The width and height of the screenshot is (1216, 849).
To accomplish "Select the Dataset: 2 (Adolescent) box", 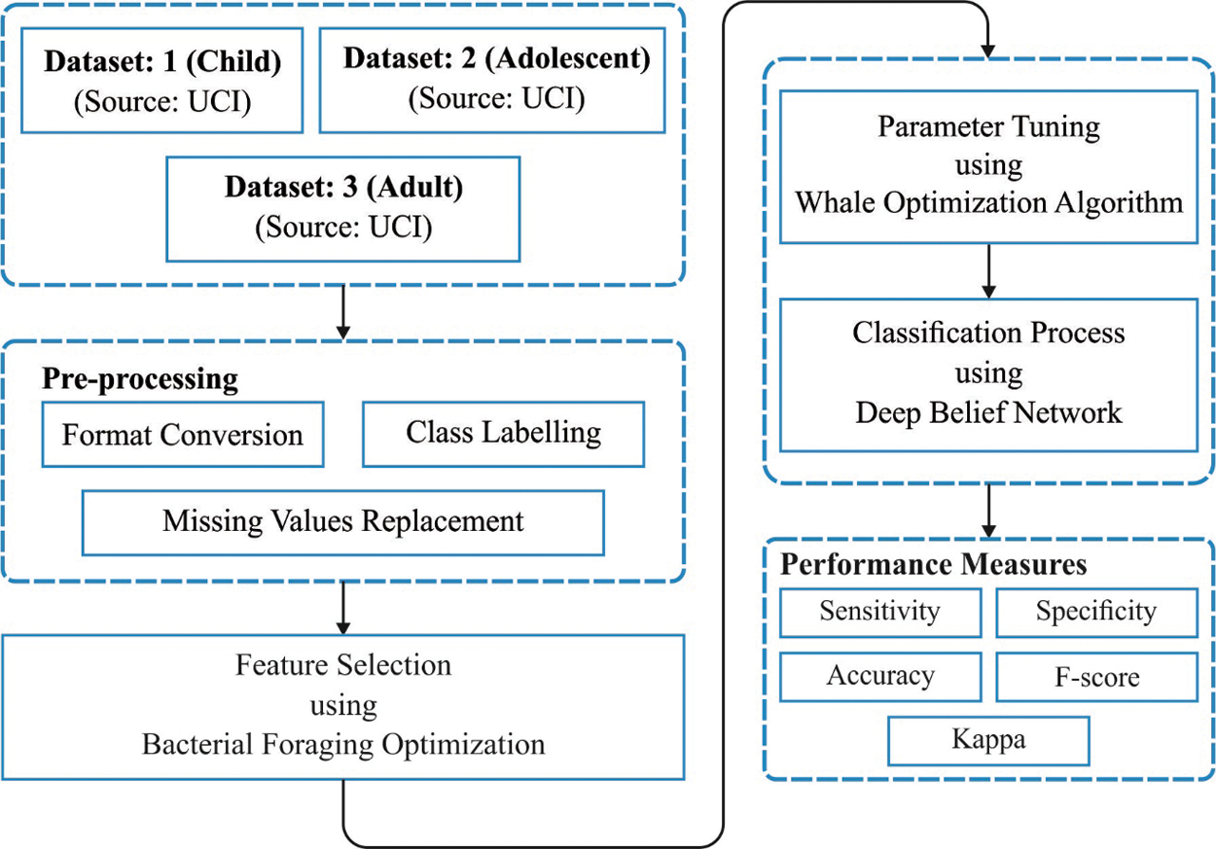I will [492, 79].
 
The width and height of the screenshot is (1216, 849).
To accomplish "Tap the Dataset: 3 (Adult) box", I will [343, 208].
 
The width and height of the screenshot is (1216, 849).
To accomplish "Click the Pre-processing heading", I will [140, 379].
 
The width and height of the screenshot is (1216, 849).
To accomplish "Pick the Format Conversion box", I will [183, 435].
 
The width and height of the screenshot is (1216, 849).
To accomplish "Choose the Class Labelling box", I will [503, 433].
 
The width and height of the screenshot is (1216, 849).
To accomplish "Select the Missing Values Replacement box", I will [343, 521].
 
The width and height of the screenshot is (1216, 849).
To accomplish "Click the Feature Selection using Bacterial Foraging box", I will [343, 706].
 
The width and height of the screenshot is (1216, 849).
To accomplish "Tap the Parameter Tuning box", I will [988, 166].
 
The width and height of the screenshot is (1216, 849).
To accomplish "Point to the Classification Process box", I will [988, 373].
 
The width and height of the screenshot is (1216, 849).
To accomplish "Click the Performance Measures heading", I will [934, 565].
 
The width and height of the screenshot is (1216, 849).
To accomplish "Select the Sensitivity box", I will [879, 612].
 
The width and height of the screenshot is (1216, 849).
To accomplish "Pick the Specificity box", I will [1096, 612].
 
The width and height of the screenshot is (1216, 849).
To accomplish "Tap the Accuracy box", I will [879, 676].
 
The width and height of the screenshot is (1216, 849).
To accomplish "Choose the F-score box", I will [1096, 676].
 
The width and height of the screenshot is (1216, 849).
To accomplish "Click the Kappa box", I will [988, 740].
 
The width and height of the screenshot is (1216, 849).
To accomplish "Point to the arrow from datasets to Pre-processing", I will [343, 312].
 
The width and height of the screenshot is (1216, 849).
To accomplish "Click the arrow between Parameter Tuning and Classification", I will [988, 270].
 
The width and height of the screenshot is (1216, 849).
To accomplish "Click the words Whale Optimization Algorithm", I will [988, 202].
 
